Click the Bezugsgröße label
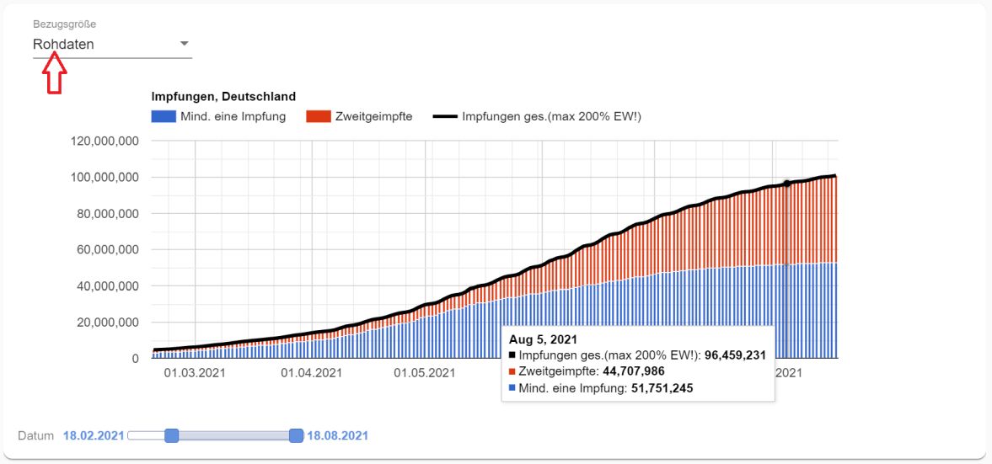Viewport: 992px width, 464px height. pos(64,24)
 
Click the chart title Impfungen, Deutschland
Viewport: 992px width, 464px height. pos(223,97)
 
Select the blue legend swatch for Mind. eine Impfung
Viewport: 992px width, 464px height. pos(163,116)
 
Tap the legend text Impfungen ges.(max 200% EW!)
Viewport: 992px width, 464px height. pos(551,116)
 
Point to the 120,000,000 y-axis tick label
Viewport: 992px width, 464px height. pos(105,141)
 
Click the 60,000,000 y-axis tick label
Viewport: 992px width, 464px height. pos(108,250)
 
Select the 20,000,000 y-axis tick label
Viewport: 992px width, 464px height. pos(108,323)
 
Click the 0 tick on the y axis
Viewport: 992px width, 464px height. pos(134,359)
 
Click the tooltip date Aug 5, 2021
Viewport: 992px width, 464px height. pos(542,339)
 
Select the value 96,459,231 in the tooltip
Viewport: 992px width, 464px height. pos(726,355)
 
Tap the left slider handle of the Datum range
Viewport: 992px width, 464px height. pos(172,435)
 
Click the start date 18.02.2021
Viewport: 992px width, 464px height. pos(94,435)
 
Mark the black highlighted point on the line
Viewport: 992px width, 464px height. pos(786,184)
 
